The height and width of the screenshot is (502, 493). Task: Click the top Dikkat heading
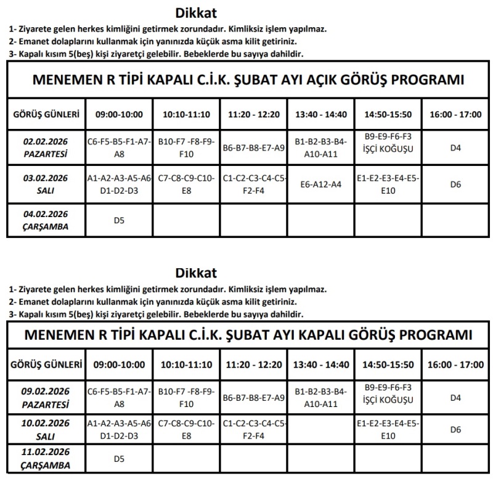196,13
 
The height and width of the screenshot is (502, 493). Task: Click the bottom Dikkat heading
196,273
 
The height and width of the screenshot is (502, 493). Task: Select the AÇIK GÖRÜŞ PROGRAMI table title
247,80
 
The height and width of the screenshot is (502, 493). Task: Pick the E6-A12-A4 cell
320,184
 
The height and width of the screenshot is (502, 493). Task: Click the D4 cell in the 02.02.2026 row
455,147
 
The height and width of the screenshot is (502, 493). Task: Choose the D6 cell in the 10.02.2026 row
455,430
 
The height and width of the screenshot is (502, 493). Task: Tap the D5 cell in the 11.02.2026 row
120,459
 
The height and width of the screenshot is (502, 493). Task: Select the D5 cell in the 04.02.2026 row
120,220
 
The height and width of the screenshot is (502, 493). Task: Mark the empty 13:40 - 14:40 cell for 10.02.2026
320,430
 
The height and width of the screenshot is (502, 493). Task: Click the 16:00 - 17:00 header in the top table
455,114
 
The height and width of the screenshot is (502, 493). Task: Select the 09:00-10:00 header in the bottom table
120,364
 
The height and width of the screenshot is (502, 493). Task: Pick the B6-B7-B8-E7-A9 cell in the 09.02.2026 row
253,398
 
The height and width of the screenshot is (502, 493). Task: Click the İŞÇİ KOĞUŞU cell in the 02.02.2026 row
388,147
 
